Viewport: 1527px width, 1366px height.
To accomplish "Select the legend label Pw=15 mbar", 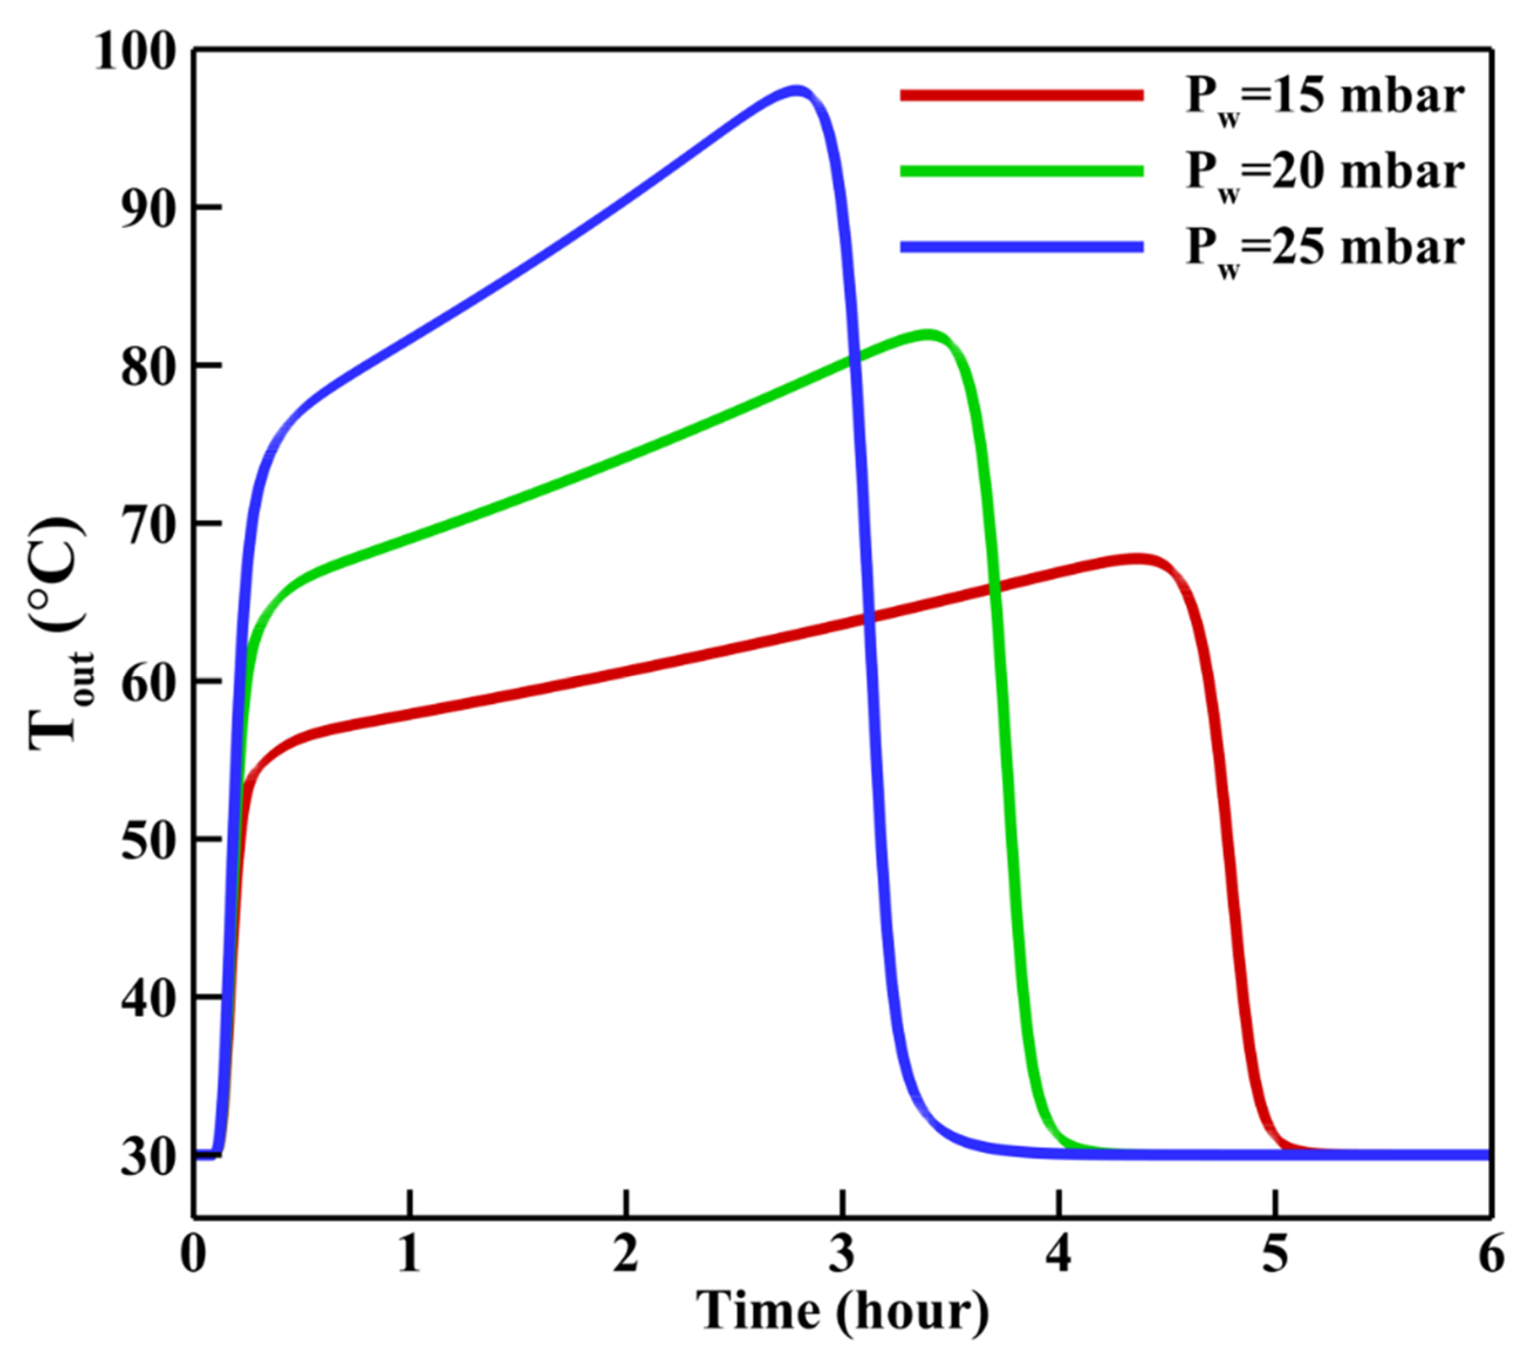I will click(x=1324, y=98).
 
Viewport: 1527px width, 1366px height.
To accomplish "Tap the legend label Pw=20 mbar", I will click(x=1324, y=173).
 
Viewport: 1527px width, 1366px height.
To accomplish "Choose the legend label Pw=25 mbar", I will click(x=1324, y=248).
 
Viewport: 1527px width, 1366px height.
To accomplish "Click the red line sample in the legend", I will click(x=1022, y=94).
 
